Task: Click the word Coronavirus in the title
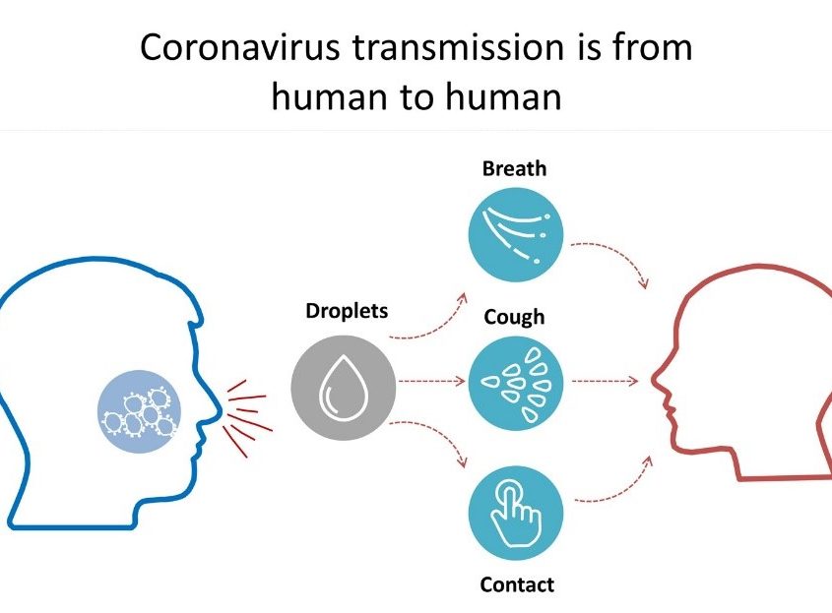(239, 47)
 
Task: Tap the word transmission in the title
(458, 47)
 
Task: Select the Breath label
(514, 168)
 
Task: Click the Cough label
(514, 317)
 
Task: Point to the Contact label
(517, 584)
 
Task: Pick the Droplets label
(347, 311)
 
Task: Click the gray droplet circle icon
(344, 387)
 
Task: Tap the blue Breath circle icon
(515, 234)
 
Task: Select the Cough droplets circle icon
(515, 383)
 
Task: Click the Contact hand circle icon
(515, 513)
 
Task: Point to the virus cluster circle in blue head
(140, 411)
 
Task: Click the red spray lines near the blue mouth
(248, 418)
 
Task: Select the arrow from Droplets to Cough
(431, 381)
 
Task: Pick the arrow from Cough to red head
(605, 381)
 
